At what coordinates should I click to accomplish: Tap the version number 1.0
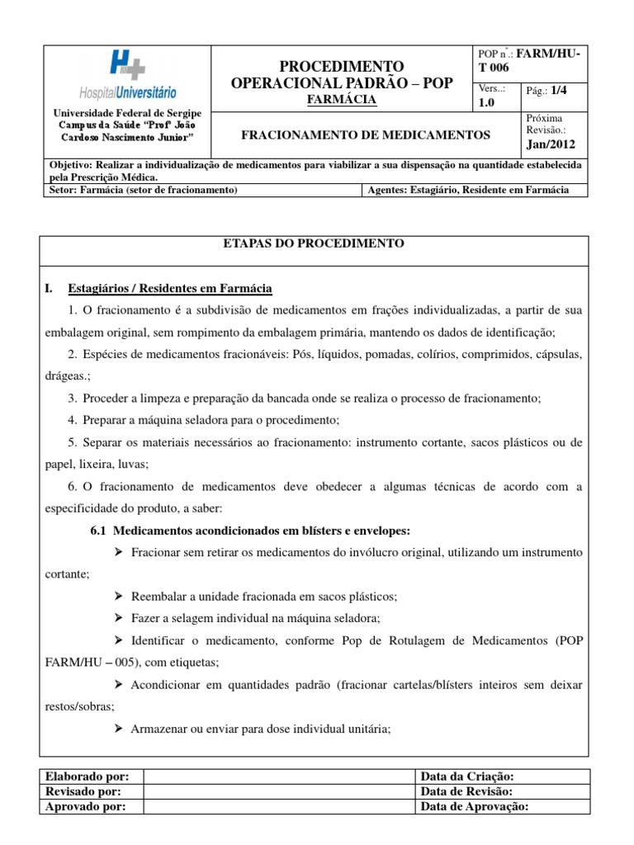tap(487, 104)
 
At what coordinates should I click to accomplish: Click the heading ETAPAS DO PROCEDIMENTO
tap(315, 243)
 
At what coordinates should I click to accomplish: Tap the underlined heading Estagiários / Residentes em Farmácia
tap(170, 288)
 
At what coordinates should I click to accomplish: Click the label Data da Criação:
tap(467, 777)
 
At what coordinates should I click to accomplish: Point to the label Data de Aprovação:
tap(474, 807)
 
